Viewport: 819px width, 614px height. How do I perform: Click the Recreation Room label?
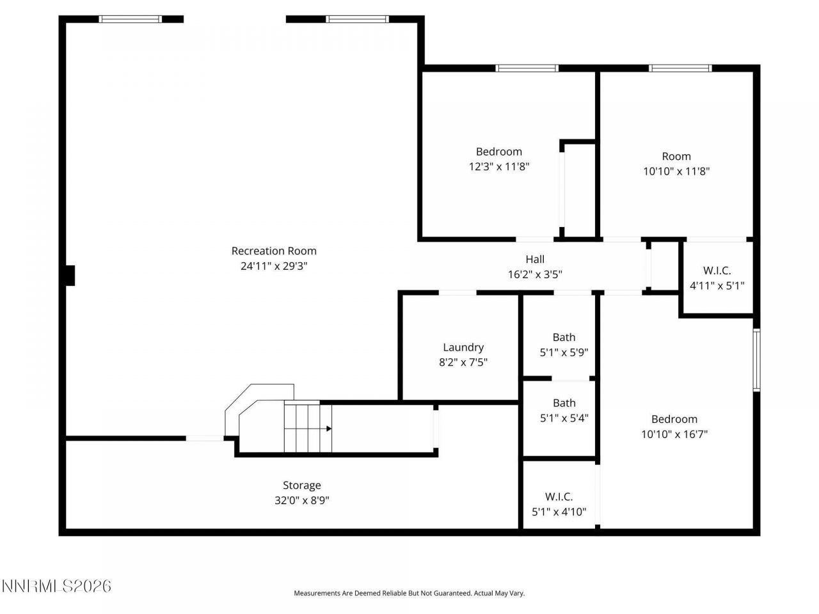pos(274,251)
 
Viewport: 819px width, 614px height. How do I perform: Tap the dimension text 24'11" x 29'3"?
pos(274,266)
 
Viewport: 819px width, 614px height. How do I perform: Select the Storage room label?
pos(302,485)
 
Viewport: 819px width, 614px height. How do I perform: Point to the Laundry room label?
pos(463,347)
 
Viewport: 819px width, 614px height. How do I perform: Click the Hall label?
pos(535,259)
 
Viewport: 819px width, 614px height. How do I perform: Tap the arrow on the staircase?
pos(329,429)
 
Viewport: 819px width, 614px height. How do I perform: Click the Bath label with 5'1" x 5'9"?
pos(564,337)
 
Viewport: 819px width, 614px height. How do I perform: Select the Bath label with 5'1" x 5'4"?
pos(564,403)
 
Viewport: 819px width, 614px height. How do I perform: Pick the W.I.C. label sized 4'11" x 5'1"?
pos(717,271)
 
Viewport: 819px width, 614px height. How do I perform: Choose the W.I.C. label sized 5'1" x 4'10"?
pos(559,496)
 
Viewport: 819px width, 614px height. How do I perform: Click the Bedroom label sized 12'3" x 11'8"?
pos(498,152)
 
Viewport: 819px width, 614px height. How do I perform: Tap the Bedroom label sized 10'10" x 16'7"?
pos(674,419)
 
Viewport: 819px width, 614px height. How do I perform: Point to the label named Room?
pos(676,156)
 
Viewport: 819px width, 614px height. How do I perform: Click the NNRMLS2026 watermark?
pos(57,585)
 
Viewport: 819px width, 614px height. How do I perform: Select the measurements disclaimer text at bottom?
pos(409,594)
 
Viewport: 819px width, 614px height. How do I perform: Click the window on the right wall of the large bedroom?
pos(756,359)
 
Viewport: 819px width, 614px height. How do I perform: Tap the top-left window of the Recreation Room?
pos(131,19)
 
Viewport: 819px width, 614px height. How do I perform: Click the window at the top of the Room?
pos(680,68)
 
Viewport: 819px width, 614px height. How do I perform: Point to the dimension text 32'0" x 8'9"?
pos(302,500)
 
